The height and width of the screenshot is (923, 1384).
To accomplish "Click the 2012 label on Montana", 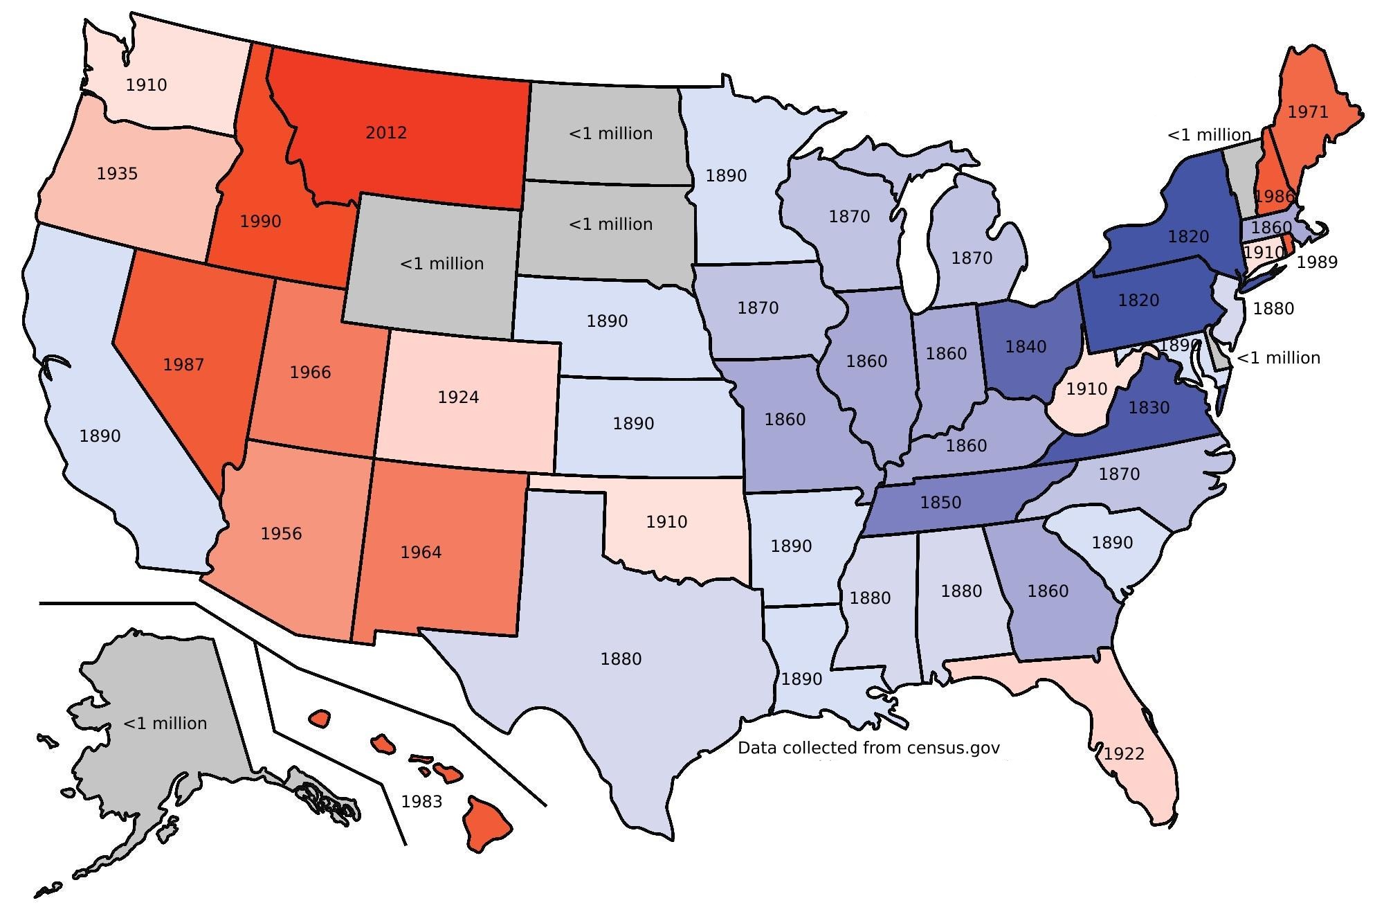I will (386, 133).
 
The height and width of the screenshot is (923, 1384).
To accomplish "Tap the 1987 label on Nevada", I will (183, 365).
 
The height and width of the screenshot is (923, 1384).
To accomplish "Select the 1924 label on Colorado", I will (458, 397).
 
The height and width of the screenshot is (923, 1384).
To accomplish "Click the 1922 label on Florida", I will (1124, 754).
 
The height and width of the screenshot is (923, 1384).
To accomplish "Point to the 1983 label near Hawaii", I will (421, 802).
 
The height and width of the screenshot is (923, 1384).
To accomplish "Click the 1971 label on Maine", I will (1308, 112).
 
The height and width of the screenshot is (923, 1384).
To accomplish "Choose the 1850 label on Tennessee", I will (940, 503).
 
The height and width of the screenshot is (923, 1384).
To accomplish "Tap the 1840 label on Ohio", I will (1026, 347).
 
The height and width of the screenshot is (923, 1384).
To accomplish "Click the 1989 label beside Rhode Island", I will (1317, 262).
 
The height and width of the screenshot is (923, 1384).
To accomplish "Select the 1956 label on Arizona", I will (281, 534).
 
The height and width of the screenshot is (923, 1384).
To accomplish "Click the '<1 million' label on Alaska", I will (165, 724).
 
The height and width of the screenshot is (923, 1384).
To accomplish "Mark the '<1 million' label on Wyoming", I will (441, 264).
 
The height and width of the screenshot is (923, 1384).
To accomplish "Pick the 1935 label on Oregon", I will (117, 174).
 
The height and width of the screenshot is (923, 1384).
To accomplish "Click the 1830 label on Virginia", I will (1149, 408).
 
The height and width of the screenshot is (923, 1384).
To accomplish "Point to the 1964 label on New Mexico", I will (421, 553).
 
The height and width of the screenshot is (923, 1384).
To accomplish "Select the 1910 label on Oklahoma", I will (666, 522).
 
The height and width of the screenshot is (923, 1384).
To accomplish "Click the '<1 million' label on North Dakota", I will (610, 134).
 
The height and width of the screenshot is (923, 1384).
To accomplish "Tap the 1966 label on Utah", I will (310, 373).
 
